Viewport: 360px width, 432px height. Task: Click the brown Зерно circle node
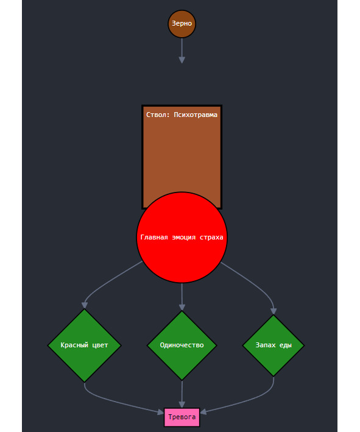click(182, 24)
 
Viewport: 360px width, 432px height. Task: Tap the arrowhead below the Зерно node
click(182, 60)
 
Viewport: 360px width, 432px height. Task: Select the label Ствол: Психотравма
click(182, 115)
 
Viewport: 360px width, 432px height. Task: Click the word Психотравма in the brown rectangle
click(196, 115)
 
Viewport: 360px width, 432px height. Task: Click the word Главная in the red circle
click(154, 237)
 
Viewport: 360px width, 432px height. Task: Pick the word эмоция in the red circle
click(184, 237)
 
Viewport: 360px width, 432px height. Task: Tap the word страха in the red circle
click(211, 238)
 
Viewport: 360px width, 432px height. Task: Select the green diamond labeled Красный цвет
click(85, 345)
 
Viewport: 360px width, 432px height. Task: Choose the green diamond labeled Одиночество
click(182, 345)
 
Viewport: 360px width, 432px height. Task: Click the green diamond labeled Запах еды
click(274, 345)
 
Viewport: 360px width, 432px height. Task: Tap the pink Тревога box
click(182, 417)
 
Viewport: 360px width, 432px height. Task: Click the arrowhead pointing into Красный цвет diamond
click(85, 305)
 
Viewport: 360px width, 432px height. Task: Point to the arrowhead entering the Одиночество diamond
click(182, 307)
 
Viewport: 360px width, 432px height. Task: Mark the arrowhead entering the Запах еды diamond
click(274, 311)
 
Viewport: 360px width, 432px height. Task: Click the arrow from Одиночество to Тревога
click(182, 394)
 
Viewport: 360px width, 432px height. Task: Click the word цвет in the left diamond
click(100, 345)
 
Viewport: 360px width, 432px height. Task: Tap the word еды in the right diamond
click(286, 345)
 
